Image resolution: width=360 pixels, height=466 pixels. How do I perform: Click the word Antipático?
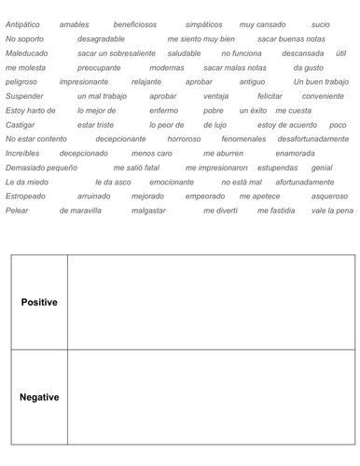tap(23, 24)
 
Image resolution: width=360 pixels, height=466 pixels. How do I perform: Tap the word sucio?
tap(320, 24)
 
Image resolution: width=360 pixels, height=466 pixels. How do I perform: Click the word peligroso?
tap(21, 82)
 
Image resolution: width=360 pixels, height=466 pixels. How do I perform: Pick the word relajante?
tap(146, 82)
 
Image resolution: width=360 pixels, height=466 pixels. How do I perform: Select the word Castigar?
tap(21, 124)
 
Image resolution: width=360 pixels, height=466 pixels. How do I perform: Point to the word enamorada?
tap(314, 152)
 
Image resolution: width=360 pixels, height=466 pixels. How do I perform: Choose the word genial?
tap(322, 167)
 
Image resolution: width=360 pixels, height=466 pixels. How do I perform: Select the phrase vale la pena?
tap(333, 211)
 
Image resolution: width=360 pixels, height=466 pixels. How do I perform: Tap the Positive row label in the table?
tap(39, 302)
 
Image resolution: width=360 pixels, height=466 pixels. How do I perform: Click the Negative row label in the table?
tap(39, 397)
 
